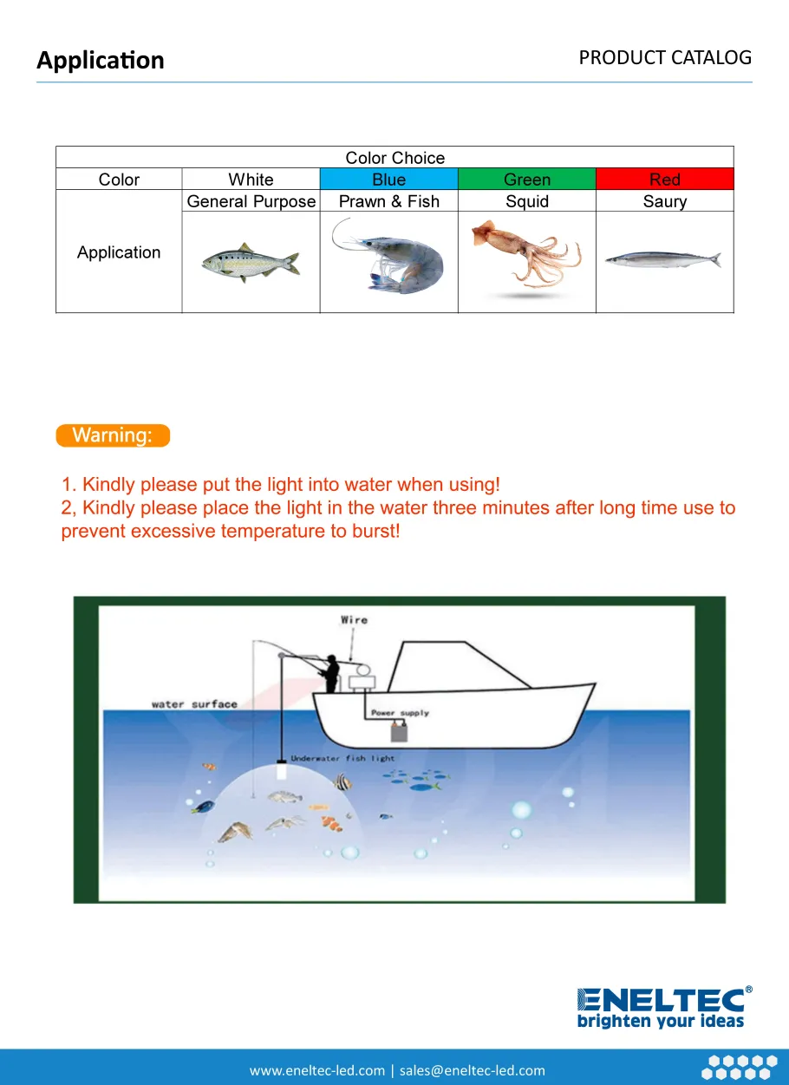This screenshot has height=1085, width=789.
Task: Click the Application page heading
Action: click(x=101, y=61)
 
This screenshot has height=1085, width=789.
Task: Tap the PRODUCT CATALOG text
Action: click(x=665, y=58)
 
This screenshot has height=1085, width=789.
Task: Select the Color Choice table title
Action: click(x=394, y=158)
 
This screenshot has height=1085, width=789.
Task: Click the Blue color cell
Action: click(x=388, y=180)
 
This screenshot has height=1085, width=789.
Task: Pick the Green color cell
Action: click(x=526, y=180)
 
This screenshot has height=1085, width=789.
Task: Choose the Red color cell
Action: click(x=664, y=180)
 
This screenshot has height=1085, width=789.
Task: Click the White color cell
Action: click(x=251, y=180)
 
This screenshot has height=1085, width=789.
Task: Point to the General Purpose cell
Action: click(x=251, y=201)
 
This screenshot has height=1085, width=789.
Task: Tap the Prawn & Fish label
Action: click(x=388, y=201)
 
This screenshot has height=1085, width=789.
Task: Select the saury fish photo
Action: click(x=663, y=259)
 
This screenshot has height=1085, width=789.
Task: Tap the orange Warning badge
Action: click(x=113, y=435)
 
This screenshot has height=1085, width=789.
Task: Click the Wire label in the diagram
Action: click(x=354, y=620)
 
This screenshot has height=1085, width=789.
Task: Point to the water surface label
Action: click(x=193, y=704)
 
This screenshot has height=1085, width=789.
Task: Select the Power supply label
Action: click(x=400, y=713)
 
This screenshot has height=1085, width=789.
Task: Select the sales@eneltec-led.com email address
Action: click(x=473, y=1070)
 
